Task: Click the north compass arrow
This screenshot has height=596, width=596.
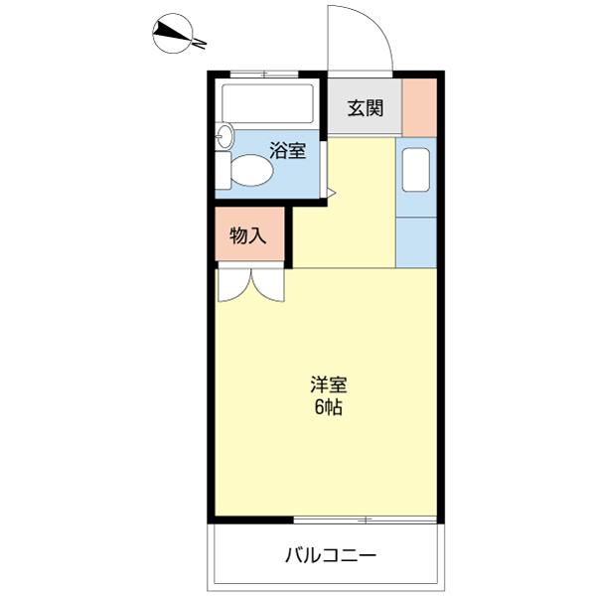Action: click(x=179, y=36)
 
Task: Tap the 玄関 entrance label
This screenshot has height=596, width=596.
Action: click(x=365, y=108)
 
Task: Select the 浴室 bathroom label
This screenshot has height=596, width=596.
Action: click(x=288, y=152)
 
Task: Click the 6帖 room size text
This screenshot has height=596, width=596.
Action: click(x=328, y=407)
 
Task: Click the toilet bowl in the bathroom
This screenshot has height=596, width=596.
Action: click(x=253, y=171)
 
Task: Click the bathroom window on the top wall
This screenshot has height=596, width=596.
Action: click(x=267, y=74)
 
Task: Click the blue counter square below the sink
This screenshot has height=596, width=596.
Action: click(x=415, y=241)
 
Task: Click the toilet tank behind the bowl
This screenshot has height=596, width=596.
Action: click(x=224, y=171)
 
